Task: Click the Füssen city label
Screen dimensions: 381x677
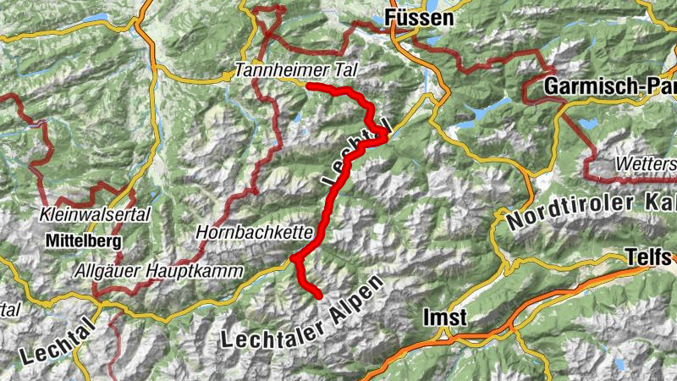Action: tap(419, 18)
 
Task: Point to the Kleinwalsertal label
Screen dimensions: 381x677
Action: tap(94, 216)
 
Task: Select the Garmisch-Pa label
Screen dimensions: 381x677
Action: tap(610, 86)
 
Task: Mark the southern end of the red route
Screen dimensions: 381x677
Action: tap(319, 296)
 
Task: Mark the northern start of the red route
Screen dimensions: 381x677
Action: tap(309, 86)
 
